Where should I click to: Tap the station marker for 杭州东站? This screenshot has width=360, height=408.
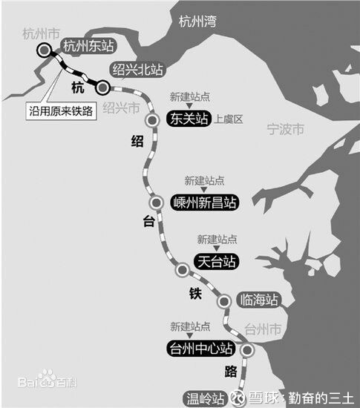pyautogui.click(x=46, y=50)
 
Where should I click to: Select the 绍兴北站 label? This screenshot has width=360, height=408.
pyautogui.click(x=137, y=70)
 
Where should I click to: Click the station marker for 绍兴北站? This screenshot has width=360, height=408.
pyautogui.click(x=104, y=88)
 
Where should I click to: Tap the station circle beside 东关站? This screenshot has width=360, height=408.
pyautogui.click(x=153, y=120)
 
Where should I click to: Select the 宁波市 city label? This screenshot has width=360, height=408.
pyautogui.click(x=285, y=130)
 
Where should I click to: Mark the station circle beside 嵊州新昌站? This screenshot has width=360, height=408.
pyautogui.click(x=156, y=202)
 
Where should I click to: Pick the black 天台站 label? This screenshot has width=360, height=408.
pyautogui.click(x=217, y=261)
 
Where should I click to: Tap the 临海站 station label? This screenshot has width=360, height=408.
pyautogui.click(x=260, y=300)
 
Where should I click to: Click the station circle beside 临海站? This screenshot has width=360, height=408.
pyautogui.click(x=225, y=301)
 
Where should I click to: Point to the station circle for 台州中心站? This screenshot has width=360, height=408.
pyautogui.click(x=247, y=350)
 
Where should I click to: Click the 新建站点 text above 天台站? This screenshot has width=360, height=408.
pyautogui.click(x=217, y=240)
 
